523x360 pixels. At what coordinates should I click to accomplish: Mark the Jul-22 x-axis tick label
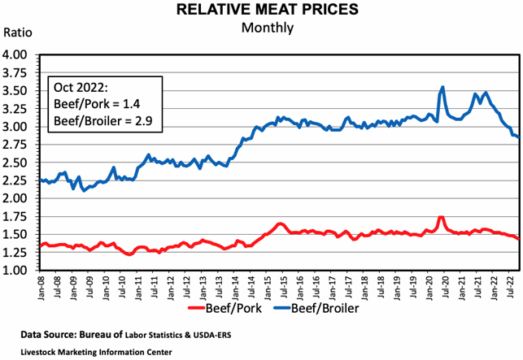[x=509, y=288]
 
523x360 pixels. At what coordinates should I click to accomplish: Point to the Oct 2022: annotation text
[x=80, y=87]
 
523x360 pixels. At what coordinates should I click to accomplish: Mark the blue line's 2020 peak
[x=442, y=87]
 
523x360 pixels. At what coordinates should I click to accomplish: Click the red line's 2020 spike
[x=441, y=217]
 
